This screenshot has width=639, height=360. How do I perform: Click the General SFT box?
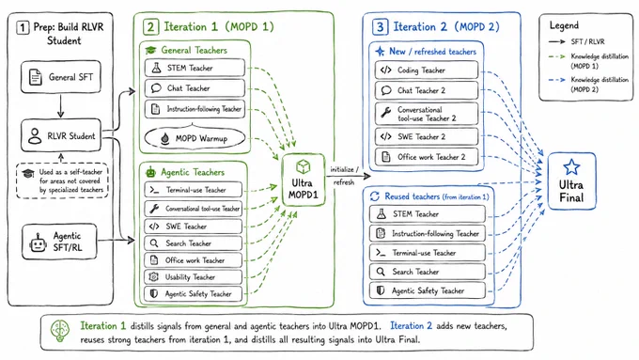coord(61,77)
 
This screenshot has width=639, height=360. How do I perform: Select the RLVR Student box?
coord(61,135)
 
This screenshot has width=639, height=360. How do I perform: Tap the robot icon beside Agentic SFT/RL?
coord(38,243)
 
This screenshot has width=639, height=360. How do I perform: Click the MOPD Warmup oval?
coord(195,138)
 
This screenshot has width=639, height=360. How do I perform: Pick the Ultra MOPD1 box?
coord(303,180)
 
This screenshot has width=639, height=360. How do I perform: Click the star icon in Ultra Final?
coord(571,167)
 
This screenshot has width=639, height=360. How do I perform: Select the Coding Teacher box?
coord(427,70)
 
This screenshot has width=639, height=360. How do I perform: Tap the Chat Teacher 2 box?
coord(427,90)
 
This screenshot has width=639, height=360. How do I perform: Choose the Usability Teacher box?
coord(194,277)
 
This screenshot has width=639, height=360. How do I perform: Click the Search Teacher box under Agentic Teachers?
coord(194,243)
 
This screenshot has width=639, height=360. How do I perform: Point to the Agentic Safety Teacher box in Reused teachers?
coord(428,290)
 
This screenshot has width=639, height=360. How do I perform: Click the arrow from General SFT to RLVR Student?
coord(61,106)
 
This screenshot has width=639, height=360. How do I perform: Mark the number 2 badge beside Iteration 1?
coord(150,27)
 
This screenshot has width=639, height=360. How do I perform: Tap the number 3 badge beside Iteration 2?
coord(380,27)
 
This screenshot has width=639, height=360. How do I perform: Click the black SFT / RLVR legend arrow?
coord(556,41)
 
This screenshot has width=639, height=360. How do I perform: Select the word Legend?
coord(564,25)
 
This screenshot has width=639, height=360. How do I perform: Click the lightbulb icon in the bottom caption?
coord(60,331)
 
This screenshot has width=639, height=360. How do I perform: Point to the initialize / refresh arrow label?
coord(344,176)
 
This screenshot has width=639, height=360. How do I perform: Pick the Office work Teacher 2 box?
coord(427,157)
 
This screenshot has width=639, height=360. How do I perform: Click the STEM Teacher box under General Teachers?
coord(195,68)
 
